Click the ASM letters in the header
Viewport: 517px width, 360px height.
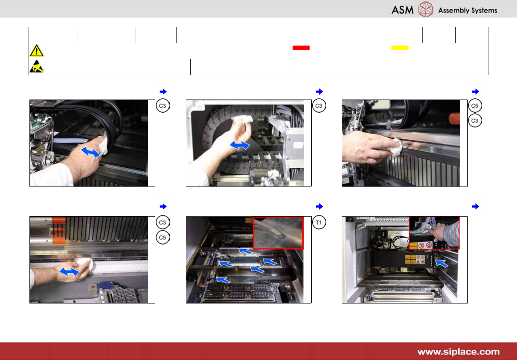402,10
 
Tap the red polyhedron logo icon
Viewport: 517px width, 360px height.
426,9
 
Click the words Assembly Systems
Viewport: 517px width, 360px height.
468,10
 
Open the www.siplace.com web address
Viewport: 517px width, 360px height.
458,352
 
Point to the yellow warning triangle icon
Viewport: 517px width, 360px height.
37,51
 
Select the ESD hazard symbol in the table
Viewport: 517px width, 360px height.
37,66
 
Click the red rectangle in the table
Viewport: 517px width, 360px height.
301,48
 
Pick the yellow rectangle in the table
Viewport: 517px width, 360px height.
400,48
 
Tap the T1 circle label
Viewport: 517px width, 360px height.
319,223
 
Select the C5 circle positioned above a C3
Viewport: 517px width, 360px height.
475,106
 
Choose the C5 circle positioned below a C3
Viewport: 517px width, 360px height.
163,237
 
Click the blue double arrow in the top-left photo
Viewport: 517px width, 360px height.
91,152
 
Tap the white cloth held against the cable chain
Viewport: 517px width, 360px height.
243,120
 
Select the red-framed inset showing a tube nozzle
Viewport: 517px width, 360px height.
278,233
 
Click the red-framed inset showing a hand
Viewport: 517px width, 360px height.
434,233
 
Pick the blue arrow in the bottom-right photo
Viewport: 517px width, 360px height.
441,263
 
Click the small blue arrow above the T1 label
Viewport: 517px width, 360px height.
319,206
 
